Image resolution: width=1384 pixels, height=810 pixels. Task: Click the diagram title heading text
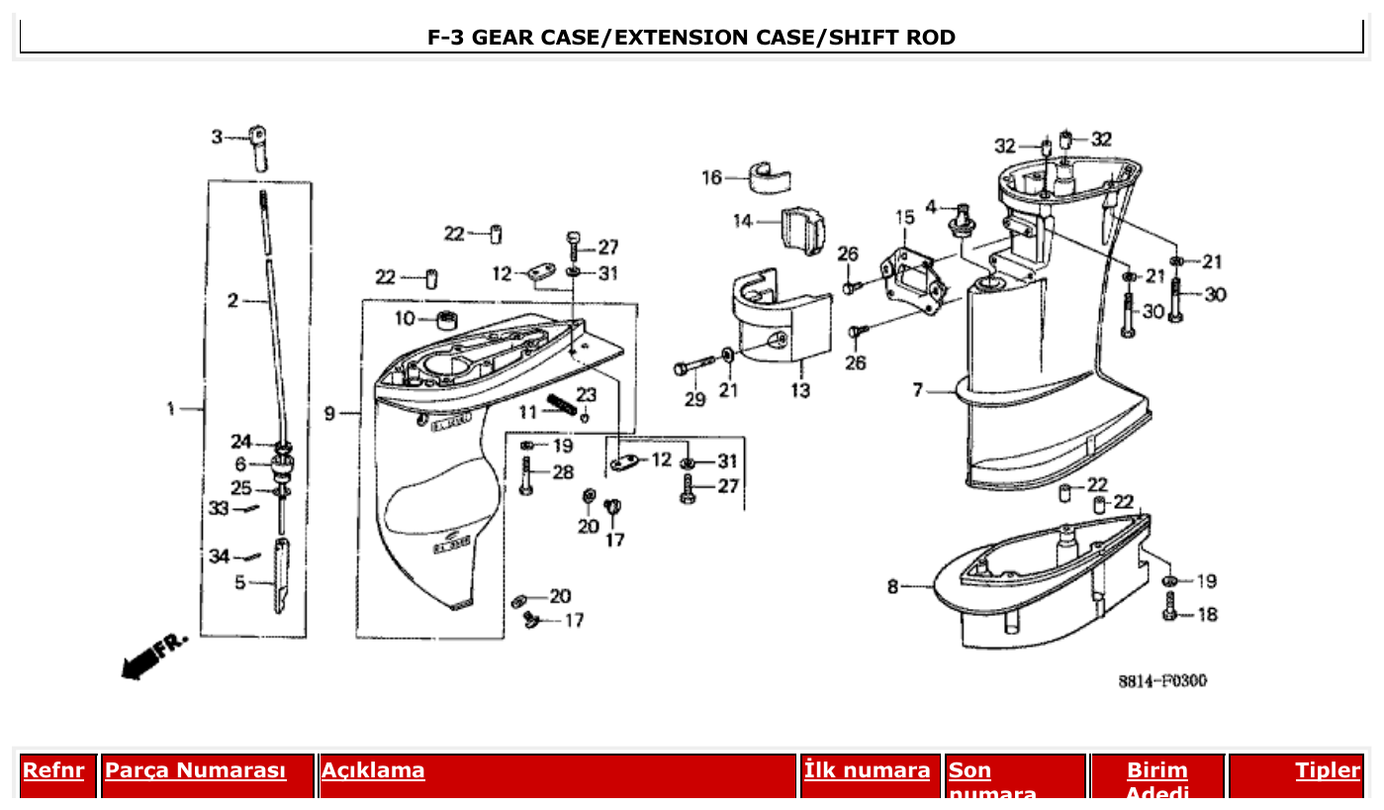click(692, 38)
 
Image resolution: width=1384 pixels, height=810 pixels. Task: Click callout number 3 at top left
click(217, 137)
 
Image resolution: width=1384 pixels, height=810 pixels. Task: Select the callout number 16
click(711, 178)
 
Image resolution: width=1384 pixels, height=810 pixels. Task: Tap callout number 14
click(743, 221)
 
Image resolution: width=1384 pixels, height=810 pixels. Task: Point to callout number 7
click(918, 391)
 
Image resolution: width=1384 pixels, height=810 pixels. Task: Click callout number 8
click(893, 587)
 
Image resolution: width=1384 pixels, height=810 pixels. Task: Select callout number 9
click(330, 413)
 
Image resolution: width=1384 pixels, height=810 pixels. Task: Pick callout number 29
click(695, 399)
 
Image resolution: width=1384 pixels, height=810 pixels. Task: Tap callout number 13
click(800, 391)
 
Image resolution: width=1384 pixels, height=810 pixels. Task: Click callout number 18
click(1208, 615)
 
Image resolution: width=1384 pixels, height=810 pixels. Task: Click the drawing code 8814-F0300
click(1162, 681)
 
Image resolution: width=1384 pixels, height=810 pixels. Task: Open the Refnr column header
click(53, 770)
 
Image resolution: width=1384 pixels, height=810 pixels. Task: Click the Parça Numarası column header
click(195, 770)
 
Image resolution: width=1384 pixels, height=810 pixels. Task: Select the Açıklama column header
click(373, 770)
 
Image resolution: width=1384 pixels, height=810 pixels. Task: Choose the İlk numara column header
click(868, 770)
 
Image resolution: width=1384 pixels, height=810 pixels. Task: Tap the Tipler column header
click(1328, 770)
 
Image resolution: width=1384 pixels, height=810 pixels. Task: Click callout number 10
click(405, 319)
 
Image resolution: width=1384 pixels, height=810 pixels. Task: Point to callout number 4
click(931, 207)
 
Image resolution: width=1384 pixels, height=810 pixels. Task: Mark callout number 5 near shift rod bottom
click(239, 583)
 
